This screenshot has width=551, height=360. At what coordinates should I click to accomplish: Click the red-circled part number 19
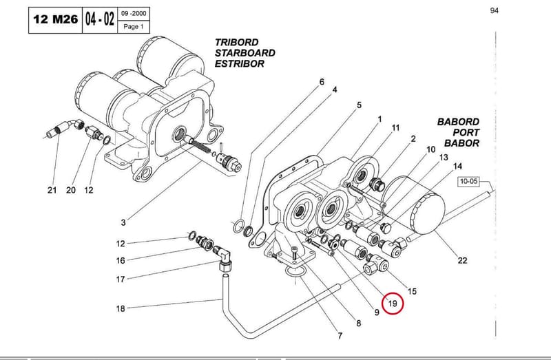click(x=392, y=303)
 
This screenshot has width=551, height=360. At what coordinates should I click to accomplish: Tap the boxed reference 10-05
click(x=469, y=181)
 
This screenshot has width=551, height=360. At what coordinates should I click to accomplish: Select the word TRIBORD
click(x=236, y=42)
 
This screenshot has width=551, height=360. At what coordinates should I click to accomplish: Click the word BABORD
click(x=458, y=122)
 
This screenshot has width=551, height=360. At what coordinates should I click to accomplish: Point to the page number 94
click(x=494, y=10)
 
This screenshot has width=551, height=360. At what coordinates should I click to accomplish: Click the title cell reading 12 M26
click(x=55, y=20)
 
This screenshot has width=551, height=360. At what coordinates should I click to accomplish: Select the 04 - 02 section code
click(x=100, y=20)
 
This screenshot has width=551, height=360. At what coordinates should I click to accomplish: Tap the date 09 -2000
click(x=134, y=14)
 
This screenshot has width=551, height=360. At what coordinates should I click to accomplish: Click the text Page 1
click(x=134, y=27)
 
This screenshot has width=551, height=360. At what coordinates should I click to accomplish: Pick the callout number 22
click(x=462, y=260)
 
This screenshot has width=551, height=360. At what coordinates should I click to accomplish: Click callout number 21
click(x=52, y=190)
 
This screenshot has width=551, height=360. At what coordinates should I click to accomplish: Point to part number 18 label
click(x=121, y=309)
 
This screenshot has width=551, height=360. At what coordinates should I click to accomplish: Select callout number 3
click(x=123, y=222)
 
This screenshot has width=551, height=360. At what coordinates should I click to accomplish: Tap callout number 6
click(x=322, y=82)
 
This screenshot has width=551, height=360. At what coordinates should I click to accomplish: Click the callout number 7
click(x=340, y=336)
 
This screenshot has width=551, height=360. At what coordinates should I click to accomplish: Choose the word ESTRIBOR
click(x=239, y=64)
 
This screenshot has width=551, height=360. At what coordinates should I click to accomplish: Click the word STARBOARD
click(x=245, y=53)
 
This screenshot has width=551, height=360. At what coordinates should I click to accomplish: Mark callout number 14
click(x=457, y=166)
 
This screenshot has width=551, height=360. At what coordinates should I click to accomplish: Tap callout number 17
click(x=121, y=279)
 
